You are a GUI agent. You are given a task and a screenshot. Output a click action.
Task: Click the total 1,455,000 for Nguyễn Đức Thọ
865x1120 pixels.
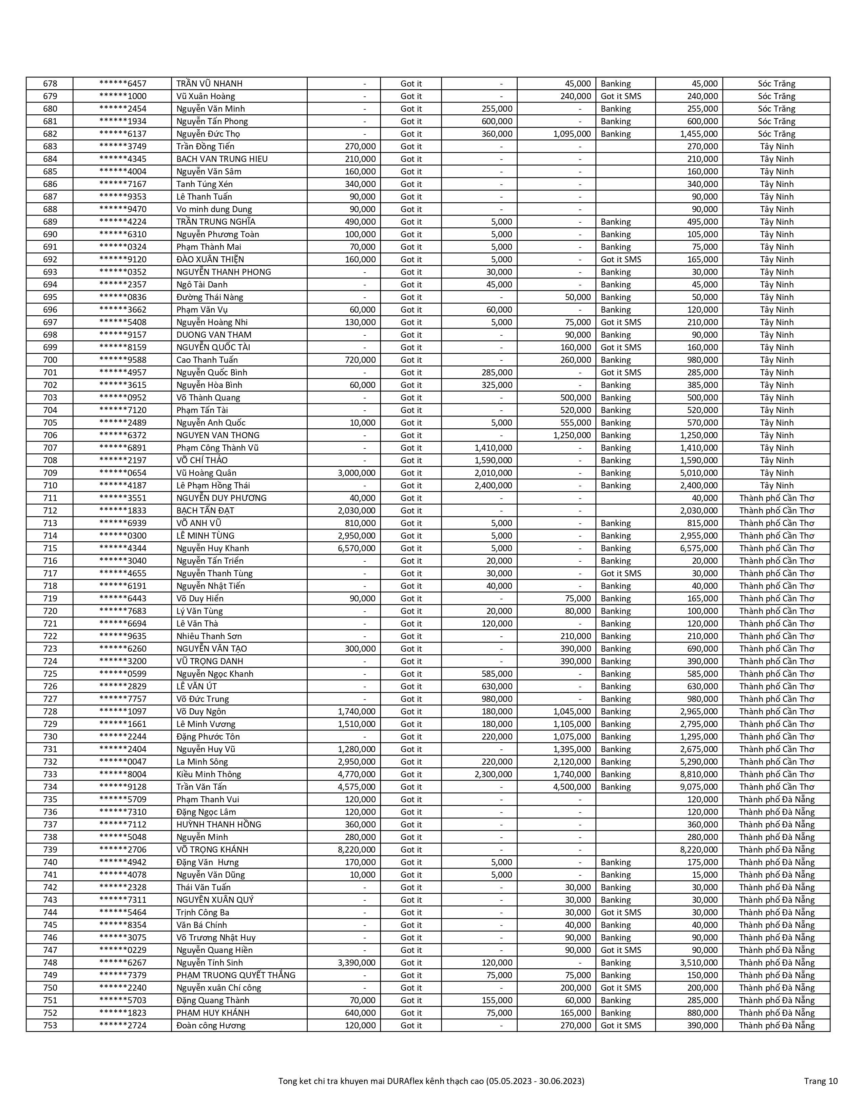click(x=699, y=134)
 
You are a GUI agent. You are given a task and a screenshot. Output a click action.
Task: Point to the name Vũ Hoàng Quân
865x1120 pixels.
click(x=206, y=473)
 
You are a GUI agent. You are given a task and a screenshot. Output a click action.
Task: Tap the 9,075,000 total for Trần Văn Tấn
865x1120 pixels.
click(x=699, y=787)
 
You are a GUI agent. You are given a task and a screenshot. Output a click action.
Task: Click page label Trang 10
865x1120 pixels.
click(x=821, y=1081)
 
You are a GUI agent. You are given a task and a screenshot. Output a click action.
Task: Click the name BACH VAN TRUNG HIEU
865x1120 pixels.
click(x=222, y=159)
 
